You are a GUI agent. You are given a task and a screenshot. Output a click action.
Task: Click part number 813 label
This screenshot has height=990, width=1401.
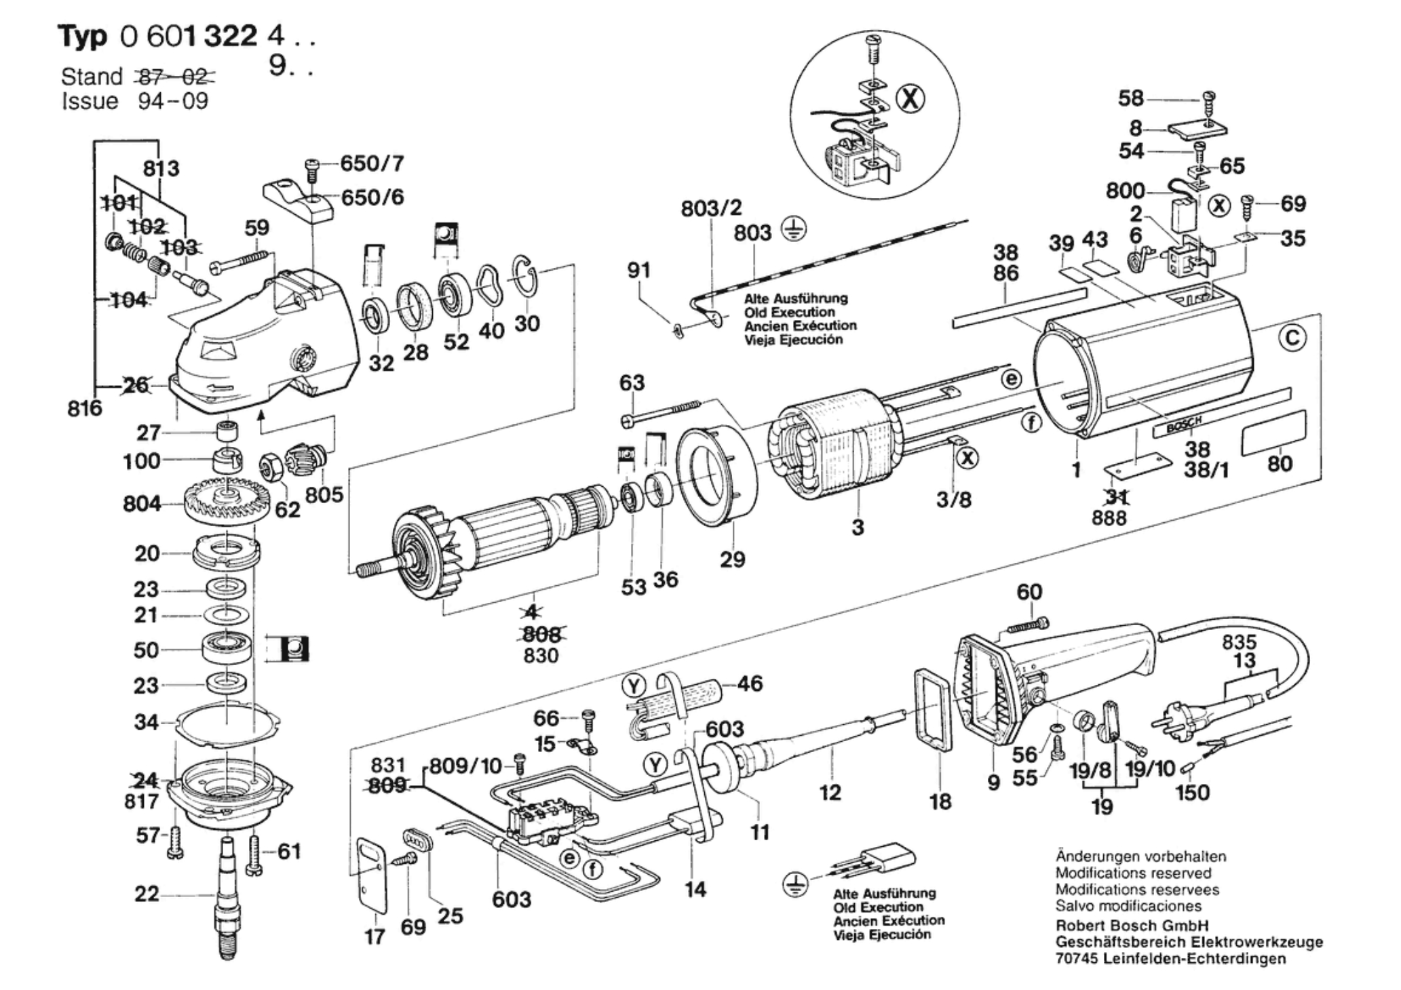pyautogui.click(x=161, y=167)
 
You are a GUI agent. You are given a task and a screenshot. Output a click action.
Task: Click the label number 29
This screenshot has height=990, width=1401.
pyautogui.click(x=732, y=559)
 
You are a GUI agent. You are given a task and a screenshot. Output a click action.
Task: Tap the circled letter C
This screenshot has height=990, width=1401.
pyautogui.click(x=1292, y=337)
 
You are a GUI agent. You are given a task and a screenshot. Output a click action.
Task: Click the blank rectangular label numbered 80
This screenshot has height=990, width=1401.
pyautogui.click(x=1273, y=432)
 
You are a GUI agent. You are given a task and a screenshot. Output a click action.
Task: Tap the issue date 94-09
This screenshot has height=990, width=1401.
pyautogui.click(x=173, y=102)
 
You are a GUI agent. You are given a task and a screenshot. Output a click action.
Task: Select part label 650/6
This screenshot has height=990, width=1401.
pyautogui.click(x=372, y=197)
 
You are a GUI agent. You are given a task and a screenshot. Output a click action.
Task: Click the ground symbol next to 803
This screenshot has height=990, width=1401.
pyautogui.click(x=790, y=231)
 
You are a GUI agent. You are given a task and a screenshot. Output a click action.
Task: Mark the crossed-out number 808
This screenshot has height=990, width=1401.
pyautogui.click(x=542, y=634)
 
